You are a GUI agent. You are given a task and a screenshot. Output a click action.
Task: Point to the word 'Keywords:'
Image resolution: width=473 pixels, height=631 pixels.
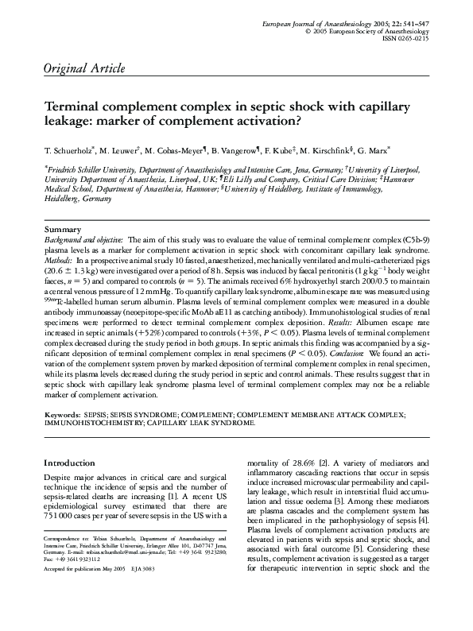[61, 414]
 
